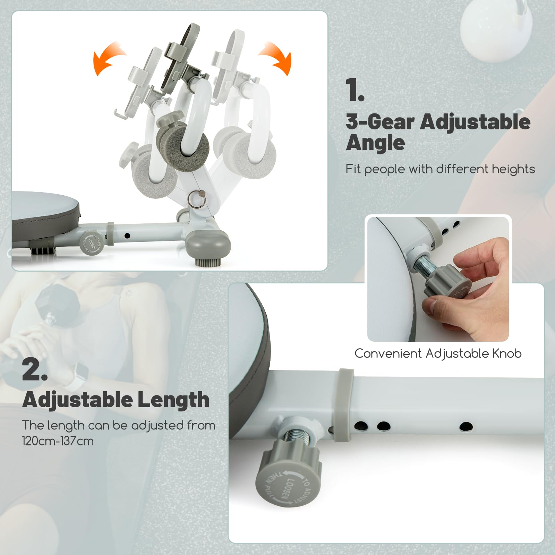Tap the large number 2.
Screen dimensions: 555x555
[x=35, y=369]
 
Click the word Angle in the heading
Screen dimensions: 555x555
[x=375, y=143]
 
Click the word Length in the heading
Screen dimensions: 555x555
[x=173, y=400]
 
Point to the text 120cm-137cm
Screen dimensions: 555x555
[x=58, y=441]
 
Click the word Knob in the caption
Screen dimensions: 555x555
[x=507, y=353]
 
